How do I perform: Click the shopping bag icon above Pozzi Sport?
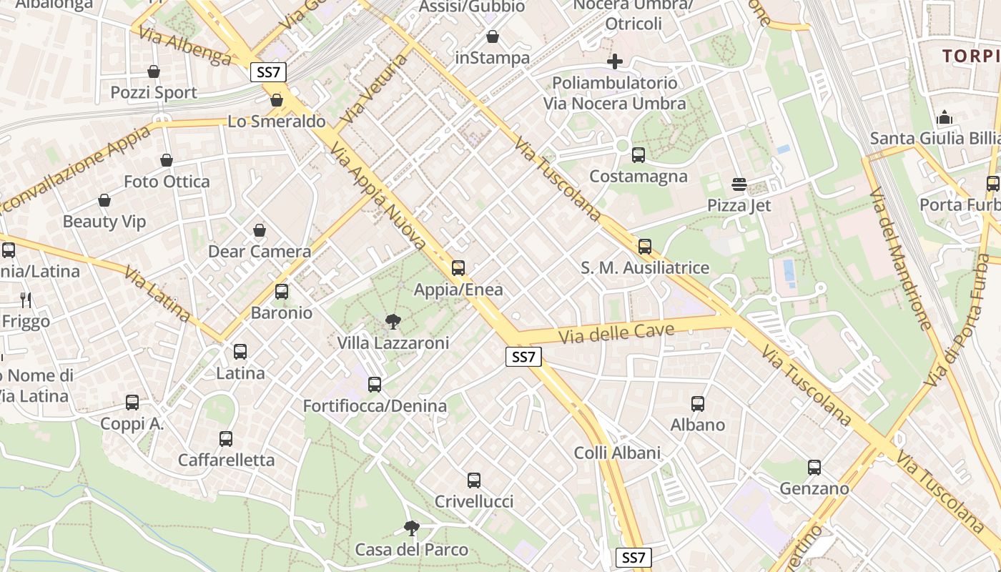click(x=154, y=71)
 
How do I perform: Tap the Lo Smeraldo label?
click(x=277, y=121)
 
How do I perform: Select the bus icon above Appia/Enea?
click(x=458, y=268)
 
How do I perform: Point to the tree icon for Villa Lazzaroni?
click(x=393, y=321)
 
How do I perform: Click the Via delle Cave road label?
click(x=616, y=332)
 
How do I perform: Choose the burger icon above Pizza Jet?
click(x=739, y=184)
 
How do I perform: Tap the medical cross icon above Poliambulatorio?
click(x=614, y=61)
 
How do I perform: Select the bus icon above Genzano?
click(x=814, y=468)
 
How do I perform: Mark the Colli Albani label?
click(x=617, y=453)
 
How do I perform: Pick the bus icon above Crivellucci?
click(x=474, y=480)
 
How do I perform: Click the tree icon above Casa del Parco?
click(x=411, y=528)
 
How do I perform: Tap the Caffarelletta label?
click(x=226, y=460)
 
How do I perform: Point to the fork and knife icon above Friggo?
click(x=26, y=300)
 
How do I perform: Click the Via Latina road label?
click(x=157, y=293)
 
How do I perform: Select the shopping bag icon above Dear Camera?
click(x=260, y=230)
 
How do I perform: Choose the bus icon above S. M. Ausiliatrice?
click(x=645, y=247)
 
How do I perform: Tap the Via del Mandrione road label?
click(x=900, y=259)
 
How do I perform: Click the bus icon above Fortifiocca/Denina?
click(x=375, y=385)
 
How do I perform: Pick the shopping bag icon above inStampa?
click(x=493, y=36)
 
